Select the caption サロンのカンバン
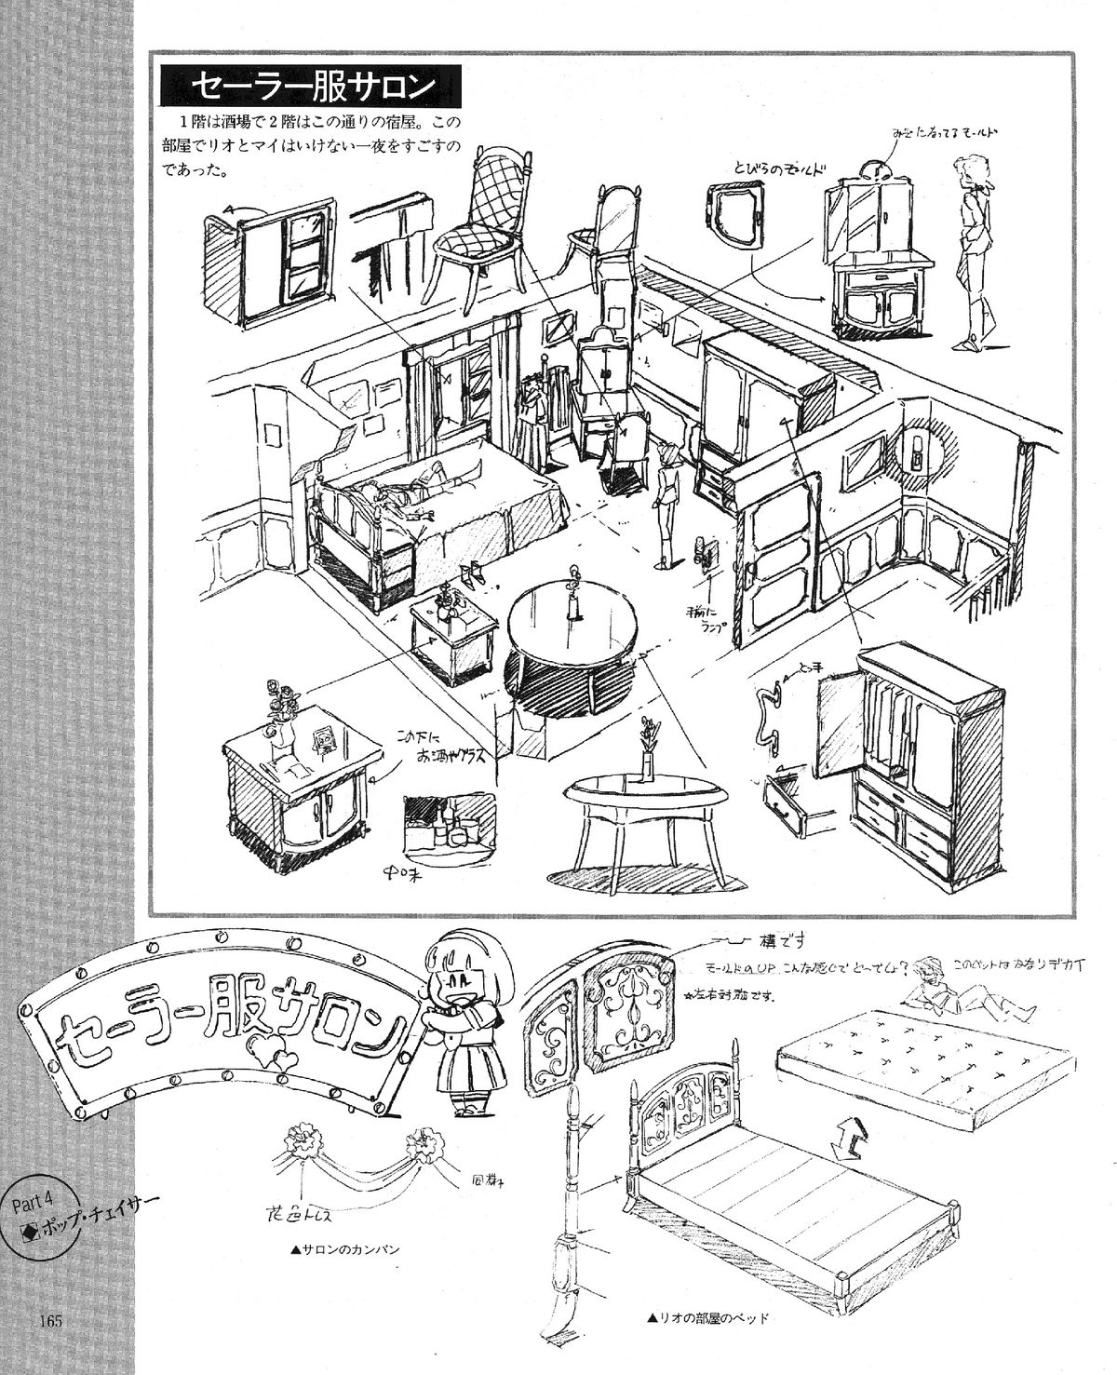(x=345, y=1250)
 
